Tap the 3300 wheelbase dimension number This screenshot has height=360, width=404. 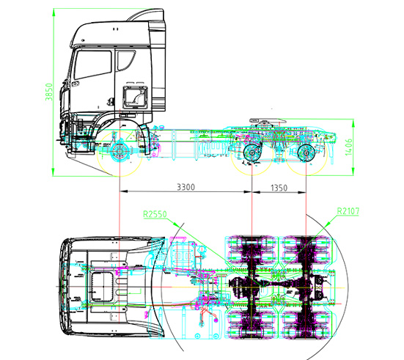186,188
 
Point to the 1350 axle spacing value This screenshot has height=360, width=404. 279,188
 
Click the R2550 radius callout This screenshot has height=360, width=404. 155,215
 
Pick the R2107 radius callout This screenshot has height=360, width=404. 351,213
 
